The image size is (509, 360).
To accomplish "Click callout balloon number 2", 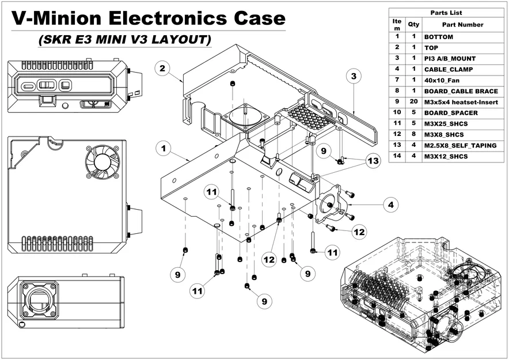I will (x=163, y=69).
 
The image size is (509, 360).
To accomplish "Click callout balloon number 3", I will (x=353, y=76).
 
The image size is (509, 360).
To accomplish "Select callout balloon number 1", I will (x=164, y=149).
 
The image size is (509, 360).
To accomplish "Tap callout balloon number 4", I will (x=390, y=204).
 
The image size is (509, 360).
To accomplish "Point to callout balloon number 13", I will (x=373, y=161).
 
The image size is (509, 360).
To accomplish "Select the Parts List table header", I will (x=446, y=13).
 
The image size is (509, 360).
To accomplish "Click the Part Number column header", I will (x=462, y=25).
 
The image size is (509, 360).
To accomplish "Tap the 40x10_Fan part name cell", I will (x=442, y=80).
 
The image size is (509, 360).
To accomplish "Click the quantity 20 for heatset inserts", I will (x=413, y=101).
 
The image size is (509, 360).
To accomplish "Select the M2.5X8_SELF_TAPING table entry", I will (x=460, y=146).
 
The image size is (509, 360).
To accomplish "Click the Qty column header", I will (x=413, y=25).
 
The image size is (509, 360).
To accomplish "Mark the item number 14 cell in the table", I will (x=397, y=157).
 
